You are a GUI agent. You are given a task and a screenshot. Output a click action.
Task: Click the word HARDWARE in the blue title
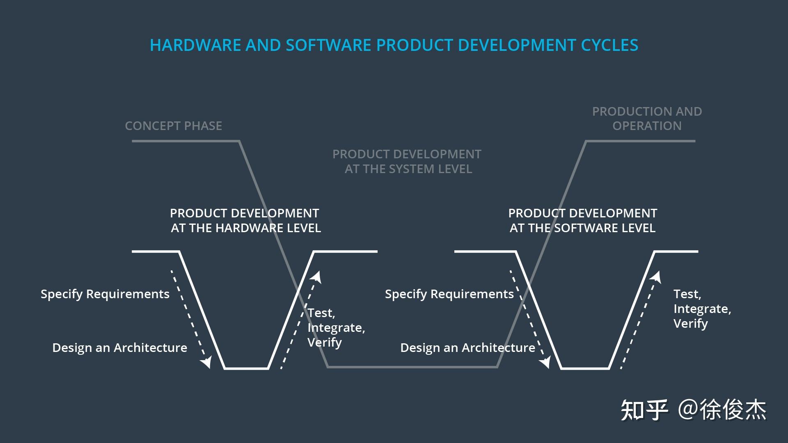195,45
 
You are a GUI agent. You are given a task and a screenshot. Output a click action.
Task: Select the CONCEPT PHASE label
173,126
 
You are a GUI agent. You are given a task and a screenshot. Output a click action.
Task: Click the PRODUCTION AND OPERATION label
647,119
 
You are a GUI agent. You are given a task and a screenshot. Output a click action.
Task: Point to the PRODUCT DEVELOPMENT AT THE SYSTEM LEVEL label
407,161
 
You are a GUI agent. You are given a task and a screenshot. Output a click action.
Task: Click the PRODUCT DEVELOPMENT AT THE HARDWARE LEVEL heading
245,220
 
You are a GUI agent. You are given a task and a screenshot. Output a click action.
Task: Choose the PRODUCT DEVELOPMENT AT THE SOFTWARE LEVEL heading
582,220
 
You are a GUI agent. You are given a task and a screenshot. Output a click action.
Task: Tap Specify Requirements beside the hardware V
105,294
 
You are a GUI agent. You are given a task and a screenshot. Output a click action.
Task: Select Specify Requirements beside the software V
449,294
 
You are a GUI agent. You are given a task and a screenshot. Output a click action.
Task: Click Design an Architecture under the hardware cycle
119,347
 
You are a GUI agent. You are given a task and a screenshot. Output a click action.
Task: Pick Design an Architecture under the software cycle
467,347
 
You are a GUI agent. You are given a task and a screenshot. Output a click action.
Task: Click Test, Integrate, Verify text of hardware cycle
336,328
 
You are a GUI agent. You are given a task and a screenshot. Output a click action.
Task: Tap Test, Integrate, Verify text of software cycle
702,309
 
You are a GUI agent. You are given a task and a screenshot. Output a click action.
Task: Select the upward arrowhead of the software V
655,277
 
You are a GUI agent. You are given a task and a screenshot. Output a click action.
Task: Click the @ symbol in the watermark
688,410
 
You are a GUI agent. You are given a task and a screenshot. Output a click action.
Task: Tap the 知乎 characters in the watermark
644,410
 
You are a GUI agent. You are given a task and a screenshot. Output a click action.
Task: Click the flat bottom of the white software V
585,368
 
